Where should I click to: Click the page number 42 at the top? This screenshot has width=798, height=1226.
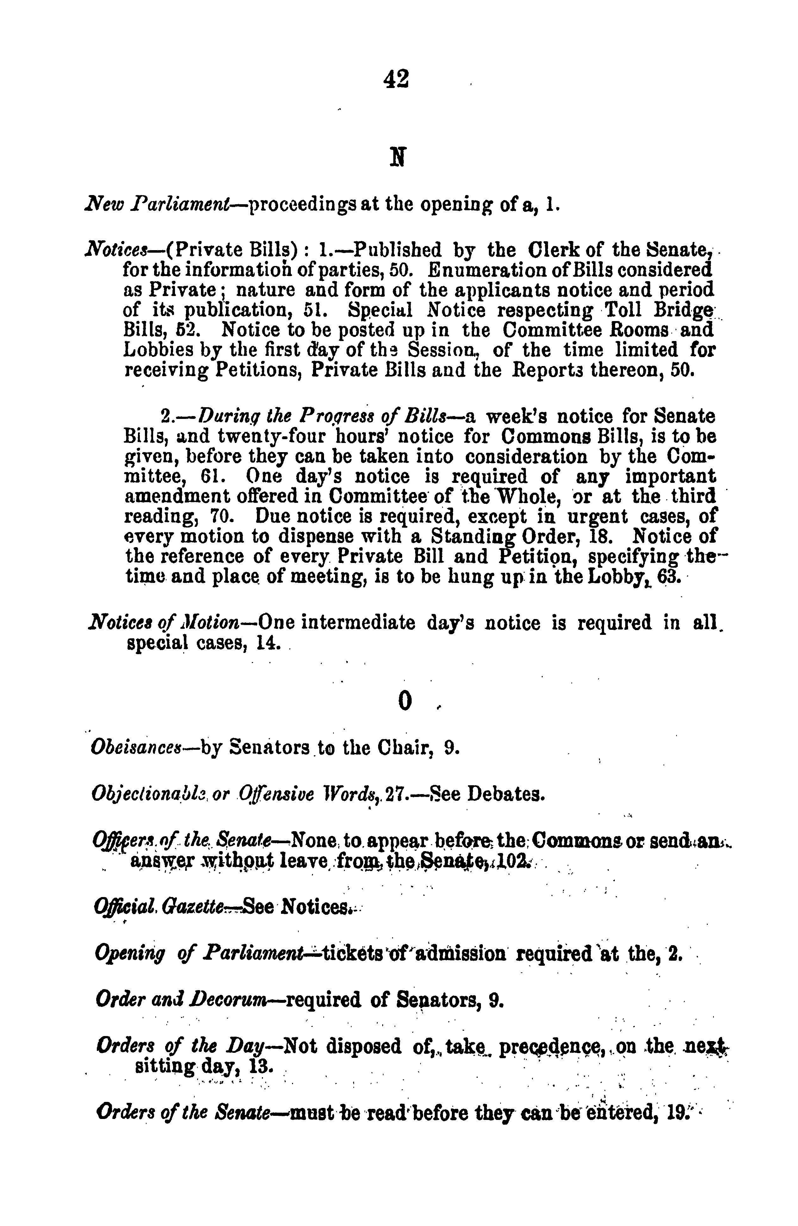coord(396,79)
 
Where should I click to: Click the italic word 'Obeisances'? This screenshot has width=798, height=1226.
coord(136,747)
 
